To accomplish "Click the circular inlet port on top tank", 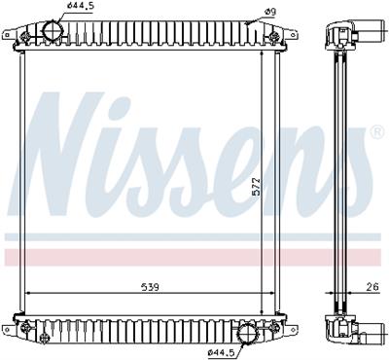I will [51, 31].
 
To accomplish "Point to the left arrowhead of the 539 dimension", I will [28, 294].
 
